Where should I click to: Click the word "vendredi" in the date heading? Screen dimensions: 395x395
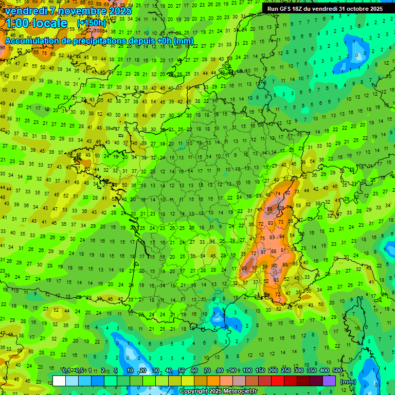point(26,11)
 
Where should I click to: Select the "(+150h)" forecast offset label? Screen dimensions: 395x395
point(91,23)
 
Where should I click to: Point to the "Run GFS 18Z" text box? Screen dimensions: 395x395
point(325,9)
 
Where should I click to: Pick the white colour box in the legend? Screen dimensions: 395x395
point(59,381)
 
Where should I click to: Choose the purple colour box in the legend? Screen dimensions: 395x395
point(329,381)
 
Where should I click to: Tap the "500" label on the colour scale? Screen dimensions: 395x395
point(337,371)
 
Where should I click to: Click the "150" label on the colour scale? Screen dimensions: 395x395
point(260,371)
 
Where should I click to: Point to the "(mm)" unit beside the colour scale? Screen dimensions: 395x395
point(348,382)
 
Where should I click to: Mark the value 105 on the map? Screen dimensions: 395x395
point(281,209)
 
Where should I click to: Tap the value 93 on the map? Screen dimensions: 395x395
point(276,280)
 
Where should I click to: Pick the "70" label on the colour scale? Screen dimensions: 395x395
point(207,371)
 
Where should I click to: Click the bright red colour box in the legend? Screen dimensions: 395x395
point(278,381)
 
